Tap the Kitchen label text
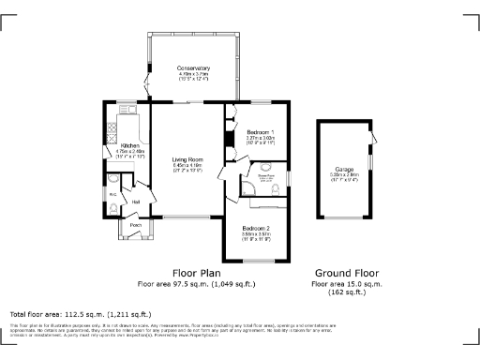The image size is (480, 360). click(x=129, y=146)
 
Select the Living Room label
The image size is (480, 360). click(x=188, y=160)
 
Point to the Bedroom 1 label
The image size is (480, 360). click(x=261, y=132)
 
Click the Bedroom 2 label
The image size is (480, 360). click(x=256, y=230)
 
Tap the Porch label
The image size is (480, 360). click(x=136, y=225)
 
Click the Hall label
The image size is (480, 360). click(x=136, y=202)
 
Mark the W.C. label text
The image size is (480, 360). click(x=112, y=195)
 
